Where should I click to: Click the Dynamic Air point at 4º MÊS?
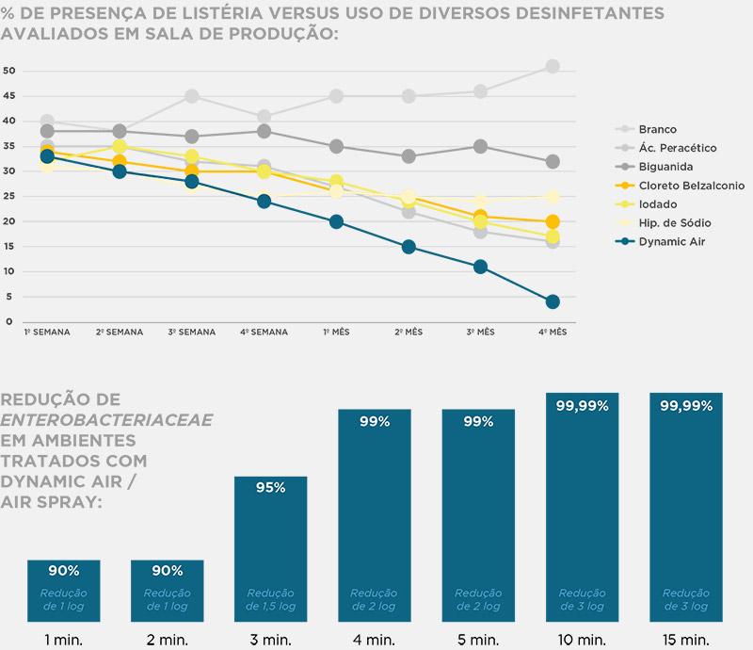pyautogui.click(x=553, y=301)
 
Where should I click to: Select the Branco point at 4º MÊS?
pyautogui.click(x=553, y=67)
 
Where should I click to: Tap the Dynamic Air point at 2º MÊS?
pyautogui.click(x=409, y=247)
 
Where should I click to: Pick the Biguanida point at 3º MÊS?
pyautogui.click(x=480, y=147)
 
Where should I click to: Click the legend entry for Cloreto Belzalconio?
pyautogui.click(x=691, y=186)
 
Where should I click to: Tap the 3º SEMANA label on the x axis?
pyautogui.click(x=191, y=333)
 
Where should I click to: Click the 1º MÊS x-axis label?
pyautogui.click(x=336, y=333)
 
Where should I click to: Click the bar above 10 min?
pyautogui.click(x=582, y=508)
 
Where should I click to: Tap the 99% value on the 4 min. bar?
pyautogui.click(x=375, y=421)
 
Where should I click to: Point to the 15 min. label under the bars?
pyautogui.click(x=686, y=640)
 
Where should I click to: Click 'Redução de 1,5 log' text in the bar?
pyautogui.click(x=271, y=599)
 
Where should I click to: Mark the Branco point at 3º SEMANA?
pyautogui.click(x=191, y=96)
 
